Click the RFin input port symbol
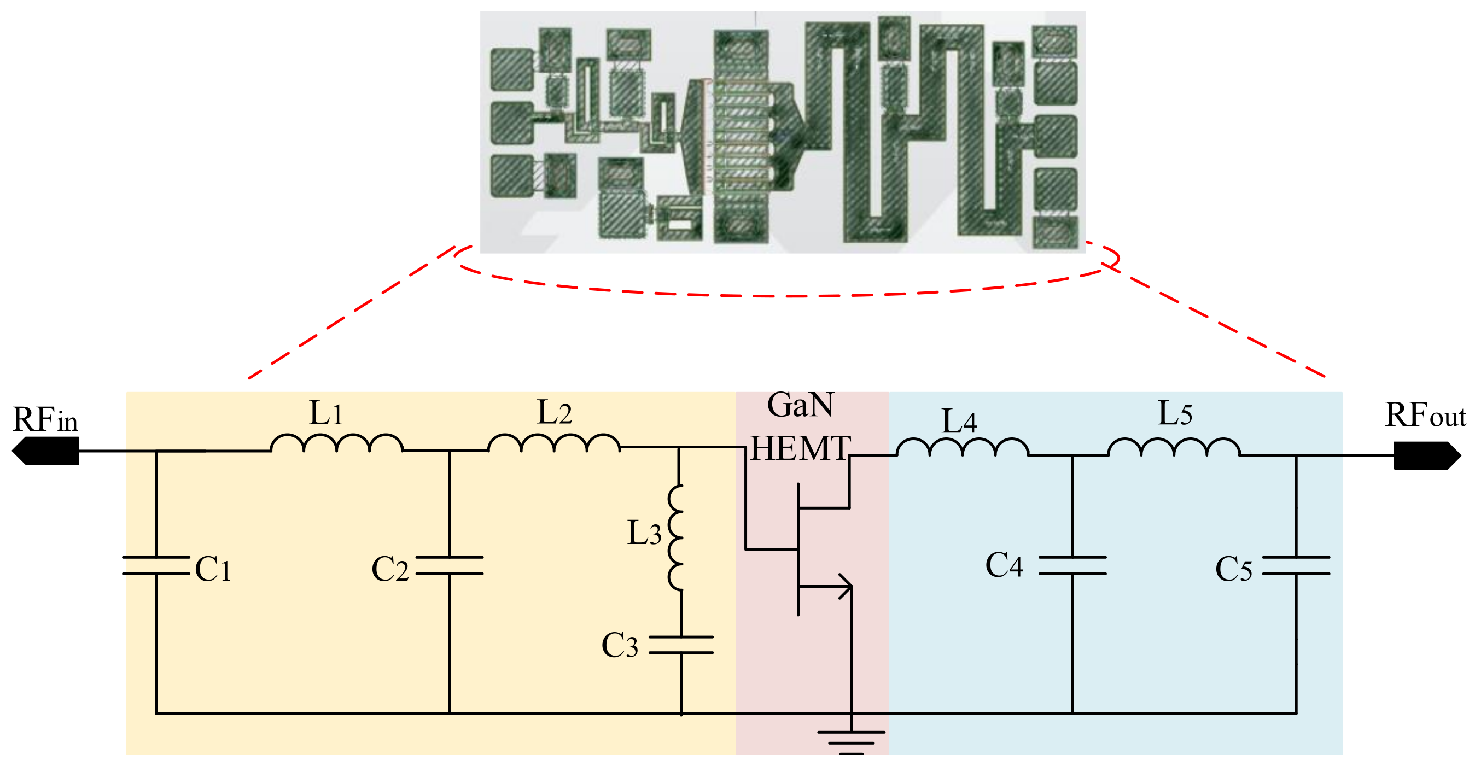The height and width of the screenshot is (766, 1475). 46,451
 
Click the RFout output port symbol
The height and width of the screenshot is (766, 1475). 1426,455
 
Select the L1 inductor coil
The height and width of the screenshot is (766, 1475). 337,443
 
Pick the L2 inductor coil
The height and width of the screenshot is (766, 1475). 553,443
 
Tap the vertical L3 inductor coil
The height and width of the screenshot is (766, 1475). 676,537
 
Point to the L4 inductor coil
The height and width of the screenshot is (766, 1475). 962,448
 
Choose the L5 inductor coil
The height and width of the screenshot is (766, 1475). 1174,448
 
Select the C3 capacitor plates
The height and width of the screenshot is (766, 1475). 681,644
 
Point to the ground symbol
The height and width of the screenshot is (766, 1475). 851,741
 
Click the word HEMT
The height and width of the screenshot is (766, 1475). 801,448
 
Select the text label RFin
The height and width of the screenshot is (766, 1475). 45,420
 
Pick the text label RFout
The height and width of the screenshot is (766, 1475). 1425,415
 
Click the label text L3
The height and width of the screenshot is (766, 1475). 644,533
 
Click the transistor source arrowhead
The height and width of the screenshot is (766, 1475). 845,586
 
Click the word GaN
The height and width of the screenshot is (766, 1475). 800,405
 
